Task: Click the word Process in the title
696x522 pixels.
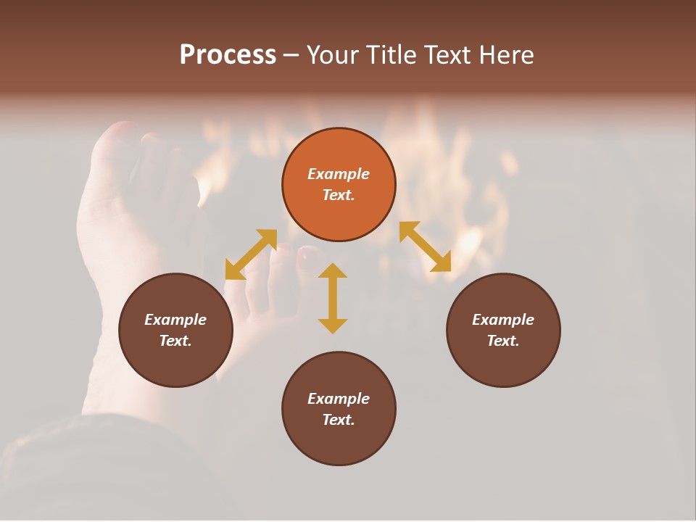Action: point(228,55)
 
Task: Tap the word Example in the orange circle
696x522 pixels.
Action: point(339,174)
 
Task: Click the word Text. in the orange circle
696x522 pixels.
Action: point(339,195)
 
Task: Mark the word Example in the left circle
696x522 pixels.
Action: point(175,320)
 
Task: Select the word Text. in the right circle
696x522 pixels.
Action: point(503,341)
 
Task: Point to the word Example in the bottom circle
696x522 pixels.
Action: point(339,399)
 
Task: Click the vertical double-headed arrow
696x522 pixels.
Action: point(333,298)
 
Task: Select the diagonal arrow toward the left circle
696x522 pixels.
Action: point(251,254)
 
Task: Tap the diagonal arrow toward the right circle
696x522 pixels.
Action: point(426,246)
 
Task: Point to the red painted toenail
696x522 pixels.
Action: point(308,254)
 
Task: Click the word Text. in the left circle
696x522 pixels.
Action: point(175,341)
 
